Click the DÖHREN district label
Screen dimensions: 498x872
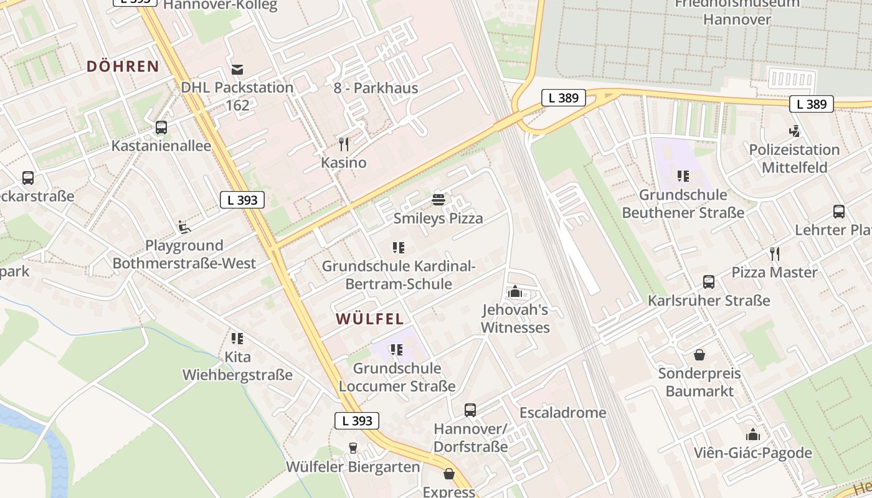click(123, 67)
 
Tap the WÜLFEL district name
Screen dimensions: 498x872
click(370, 319)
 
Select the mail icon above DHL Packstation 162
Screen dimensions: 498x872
click(237, 69)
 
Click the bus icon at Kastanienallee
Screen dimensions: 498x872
click(161, 128)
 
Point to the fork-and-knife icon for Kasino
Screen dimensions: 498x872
click(344, 144)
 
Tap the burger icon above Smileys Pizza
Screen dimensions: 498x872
click(438, 200)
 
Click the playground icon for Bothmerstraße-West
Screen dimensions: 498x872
click(184, 227)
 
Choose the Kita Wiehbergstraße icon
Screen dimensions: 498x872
click(237, 339)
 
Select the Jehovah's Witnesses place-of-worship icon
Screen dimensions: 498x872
click(515, 291)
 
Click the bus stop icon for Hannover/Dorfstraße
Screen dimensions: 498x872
click(470, 410)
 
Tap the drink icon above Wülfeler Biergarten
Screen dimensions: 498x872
click(353, 448)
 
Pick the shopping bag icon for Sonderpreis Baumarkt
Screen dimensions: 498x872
click(699, 355)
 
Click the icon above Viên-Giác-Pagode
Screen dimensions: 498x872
click(753, 435)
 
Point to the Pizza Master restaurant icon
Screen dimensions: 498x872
click(774, 253)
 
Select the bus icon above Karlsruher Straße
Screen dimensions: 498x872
click(709, 282)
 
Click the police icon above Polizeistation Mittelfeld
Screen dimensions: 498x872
click(794, 131)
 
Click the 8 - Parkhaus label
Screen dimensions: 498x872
click(376, 88)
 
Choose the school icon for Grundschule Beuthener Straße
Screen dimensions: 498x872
click(683, 176)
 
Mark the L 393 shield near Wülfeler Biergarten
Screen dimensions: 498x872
click(357, 421)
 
